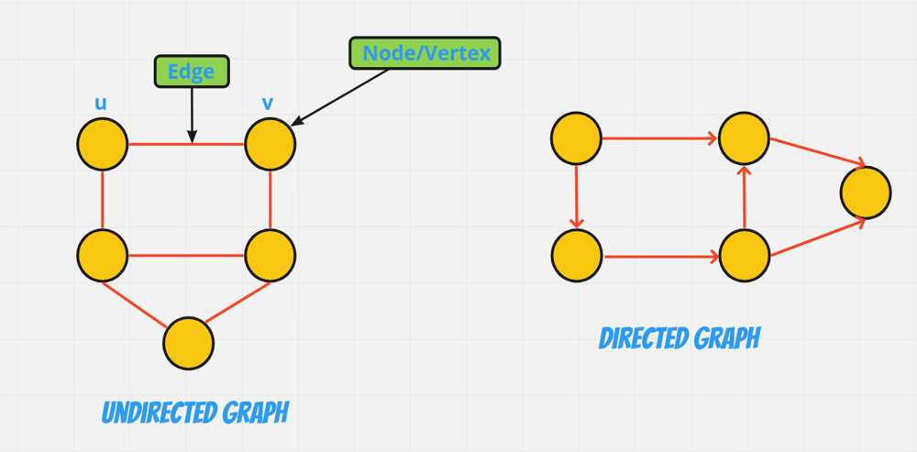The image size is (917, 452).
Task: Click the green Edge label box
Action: pyautogui.click(x=192, y=72)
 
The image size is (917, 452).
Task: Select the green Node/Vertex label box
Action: pyautogui.click(x=425, y=53)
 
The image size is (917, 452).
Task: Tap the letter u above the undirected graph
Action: pyautogui.click(x=101, y=104)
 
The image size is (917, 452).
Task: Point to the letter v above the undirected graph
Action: pyautogui.click(x=267, y=105)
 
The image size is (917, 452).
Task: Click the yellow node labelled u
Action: pyautogui.click(x=103, y=144)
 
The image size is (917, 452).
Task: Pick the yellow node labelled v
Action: pyautogui.click(x=271, y=144)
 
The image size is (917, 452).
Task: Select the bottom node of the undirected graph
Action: pyautogui.click(x=188, y=343)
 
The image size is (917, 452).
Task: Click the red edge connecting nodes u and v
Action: pyautogui.click(x=186, y=144)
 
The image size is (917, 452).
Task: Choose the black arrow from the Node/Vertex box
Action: pyautogui.click(x=340, y=97)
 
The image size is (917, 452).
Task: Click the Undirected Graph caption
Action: pyautogui.click(x=195, y=413)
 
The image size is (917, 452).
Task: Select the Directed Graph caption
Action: pyautogui.click(x=679, y=338)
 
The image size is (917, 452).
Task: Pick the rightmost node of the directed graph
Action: pyautogui.click(x=866, y=193)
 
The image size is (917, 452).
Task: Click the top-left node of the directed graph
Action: pyautogui.click(x=576, y=138)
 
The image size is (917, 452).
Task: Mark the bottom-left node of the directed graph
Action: pyautogui.click(x=577, y=256)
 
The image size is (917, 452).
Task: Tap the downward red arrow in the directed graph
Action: pyautogui.click(x=577, y=197)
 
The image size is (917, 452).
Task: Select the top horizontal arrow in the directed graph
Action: pyautogui.click(x=659, y=138)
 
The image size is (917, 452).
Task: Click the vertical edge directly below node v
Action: pyautogui.click(x=271, y=200)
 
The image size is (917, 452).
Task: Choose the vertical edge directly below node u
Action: pyautogui.click(x=103, y=200)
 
